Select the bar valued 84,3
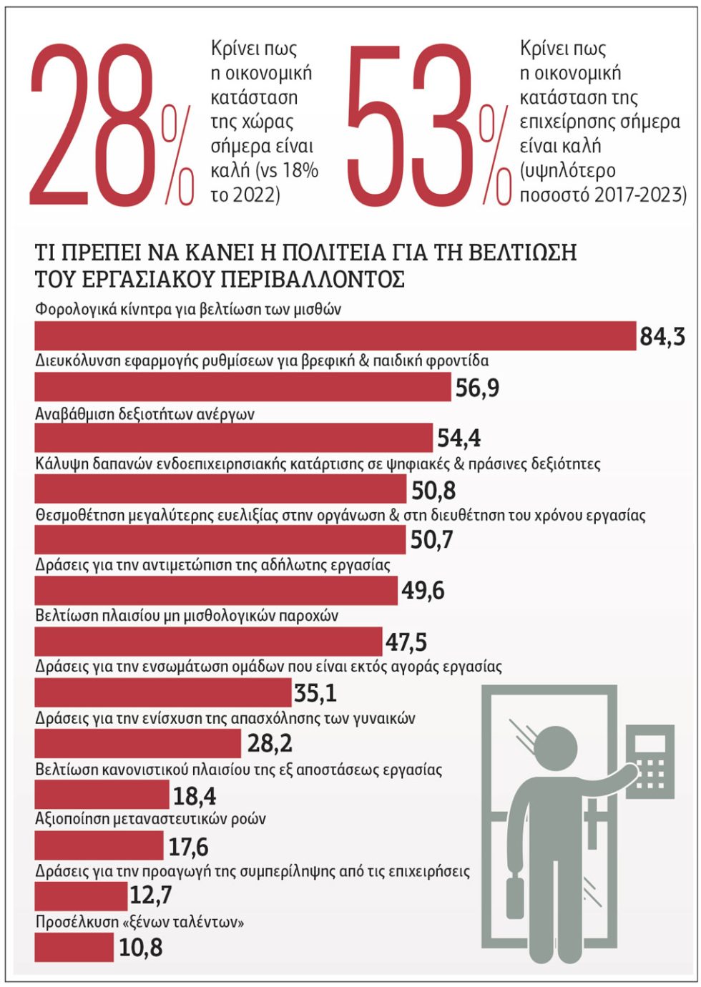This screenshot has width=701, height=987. [335, 335]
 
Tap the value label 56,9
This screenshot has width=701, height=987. [477, 388]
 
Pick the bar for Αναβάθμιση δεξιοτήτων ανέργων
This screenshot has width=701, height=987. [233, 438]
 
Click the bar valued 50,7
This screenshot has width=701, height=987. [220, 540]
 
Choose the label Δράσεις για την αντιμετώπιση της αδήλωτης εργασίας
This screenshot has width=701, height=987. [213, 565]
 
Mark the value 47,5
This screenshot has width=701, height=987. [406, 642]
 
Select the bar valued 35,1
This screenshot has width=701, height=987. [163, 692]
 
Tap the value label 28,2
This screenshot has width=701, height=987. [270, 744]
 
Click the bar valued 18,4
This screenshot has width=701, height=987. [102, 795]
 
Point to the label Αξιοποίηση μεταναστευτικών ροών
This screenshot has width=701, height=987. [150, 819]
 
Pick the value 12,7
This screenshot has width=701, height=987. [151, 895]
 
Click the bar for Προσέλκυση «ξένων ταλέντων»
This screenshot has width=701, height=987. [74, 947]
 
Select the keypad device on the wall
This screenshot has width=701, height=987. [650, 762]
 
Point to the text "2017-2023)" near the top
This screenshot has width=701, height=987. [640, 195]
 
